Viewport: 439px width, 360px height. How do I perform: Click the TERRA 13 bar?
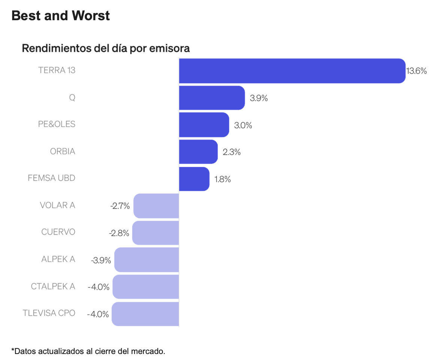pos(292,71)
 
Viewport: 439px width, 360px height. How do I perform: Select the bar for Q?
pos(212,98)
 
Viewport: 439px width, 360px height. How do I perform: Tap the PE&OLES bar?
pos(204,125)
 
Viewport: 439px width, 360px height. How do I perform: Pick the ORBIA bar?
pos(199,152)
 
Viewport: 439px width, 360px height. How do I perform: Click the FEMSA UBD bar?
pos(194,179)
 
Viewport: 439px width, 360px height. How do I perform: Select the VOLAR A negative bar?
pos(156,206)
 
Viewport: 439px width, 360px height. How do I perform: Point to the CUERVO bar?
pos(156,233)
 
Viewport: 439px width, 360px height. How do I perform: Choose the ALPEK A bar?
pos(147,260)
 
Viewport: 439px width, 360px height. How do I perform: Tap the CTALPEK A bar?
pos(146,287)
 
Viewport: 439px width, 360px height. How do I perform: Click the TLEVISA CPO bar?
pos(145,314)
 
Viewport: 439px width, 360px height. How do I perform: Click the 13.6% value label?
pos(417,71)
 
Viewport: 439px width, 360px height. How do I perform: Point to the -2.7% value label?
pos(120,206)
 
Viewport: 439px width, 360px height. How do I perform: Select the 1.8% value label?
pos(222,179)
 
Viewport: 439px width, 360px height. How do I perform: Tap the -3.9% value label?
pos(101,260)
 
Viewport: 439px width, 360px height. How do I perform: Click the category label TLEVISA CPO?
pos(49,313)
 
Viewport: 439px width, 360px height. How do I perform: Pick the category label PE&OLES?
pos(57,124)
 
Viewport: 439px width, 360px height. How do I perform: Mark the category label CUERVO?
pos(58,232)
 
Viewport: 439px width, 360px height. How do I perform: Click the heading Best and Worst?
pos(61,16)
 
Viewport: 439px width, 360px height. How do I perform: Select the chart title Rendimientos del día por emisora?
pos(106,48)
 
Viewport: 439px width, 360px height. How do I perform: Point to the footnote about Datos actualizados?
pos(88,351)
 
